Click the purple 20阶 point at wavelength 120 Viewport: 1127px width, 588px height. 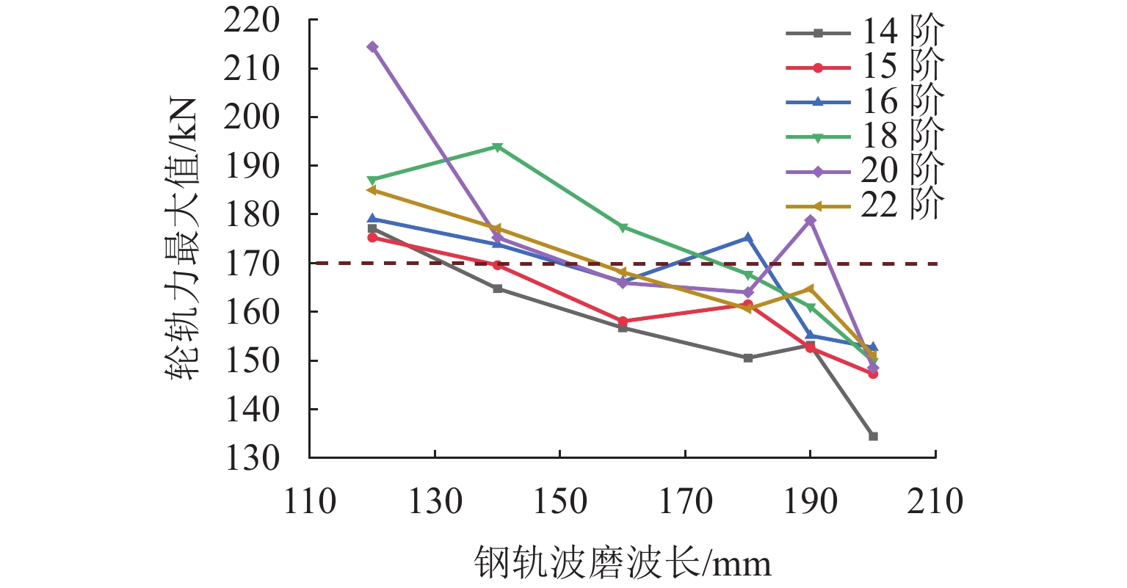(x=372, y=47)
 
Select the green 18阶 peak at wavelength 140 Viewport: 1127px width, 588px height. (x=498, y=147)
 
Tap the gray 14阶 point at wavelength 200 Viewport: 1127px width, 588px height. (x=873, y=436)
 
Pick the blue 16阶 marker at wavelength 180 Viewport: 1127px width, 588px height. (x=748, y=237)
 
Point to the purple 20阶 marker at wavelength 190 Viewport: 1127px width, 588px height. (x=811, y=220)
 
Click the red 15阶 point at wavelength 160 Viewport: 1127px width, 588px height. (x=623, y=322)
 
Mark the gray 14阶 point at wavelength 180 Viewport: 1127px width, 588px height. (x=748, y=358)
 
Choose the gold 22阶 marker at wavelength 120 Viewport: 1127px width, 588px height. (x=372, y=190)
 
